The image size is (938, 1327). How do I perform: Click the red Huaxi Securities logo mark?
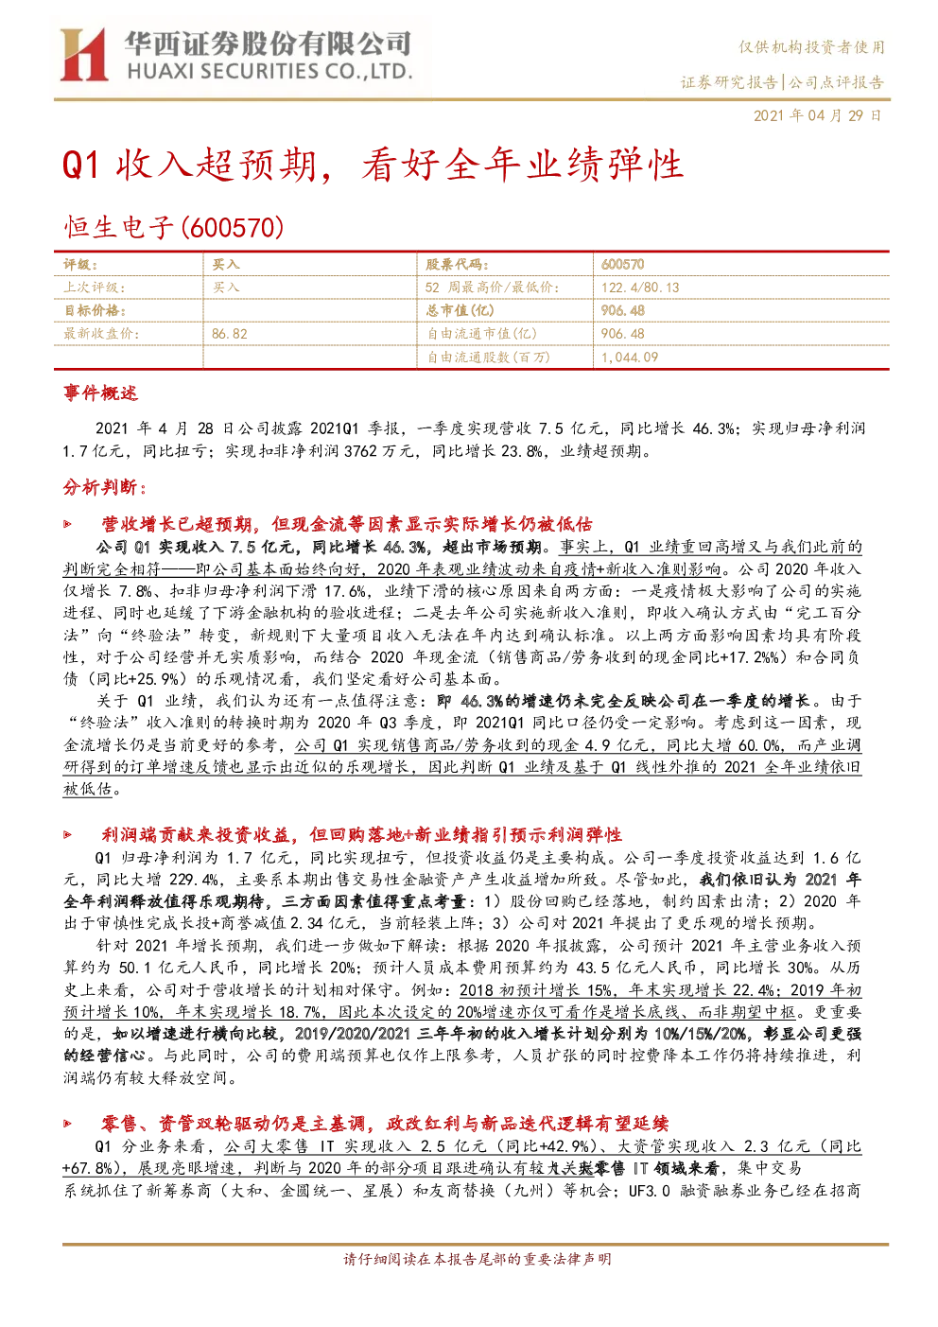click(84, 55)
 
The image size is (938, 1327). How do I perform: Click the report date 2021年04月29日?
click(817, 115)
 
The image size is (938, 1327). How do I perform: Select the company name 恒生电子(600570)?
click(174, 228)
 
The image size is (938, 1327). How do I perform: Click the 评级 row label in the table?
click(80, 264)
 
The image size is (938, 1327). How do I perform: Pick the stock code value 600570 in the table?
click(622, 264)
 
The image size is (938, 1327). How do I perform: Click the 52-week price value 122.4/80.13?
click(640, 288)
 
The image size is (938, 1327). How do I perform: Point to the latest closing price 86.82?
click(230, 334)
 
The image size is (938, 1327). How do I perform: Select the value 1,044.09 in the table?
click(630, 358)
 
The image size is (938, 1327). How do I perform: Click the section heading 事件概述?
click(100, 393)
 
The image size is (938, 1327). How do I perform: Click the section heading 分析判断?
click(104, 487)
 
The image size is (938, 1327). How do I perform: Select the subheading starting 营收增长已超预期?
click(347, 524)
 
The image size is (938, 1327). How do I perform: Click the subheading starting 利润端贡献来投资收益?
click(362, 835)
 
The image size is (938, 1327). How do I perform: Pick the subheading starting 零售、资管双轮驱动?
click(386, 1124)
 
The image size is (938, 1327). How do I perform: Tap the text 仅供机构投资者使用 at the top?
click(811, 46)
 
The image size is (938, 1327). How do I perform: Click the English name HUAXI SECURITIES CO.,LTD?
click(270, 72)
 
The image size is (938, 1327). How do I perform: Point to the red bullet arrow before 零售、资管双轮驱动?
click(68, 1124)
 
